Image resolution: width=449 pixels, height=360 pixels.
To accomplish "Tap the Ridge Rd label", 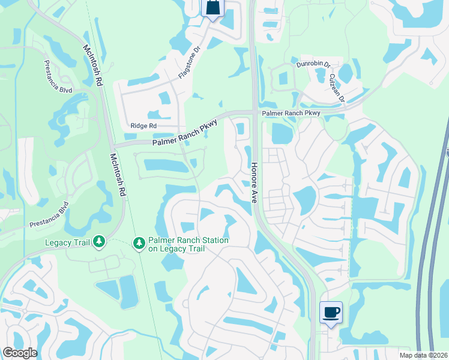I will [x=143, y=126].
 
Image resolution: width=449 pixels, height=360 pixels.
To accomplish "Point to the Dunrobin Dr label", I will [x=313, y=64].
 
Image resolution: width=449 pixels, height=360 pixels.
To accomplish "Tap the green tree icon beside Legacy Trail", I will [x=99, y=242].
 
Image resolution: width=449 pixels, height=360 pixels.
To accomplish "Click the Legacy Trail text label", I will [x=67, y=242].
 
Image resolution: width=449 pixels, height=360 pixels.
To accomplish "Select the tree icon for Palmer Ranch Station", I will [x=139, y=242].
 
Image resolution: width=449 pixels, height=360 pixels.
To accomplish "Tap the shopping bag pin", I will [x=212, y=8].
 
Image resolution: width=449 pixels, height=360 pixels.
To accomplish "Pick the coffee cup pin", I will [x=331, y=312].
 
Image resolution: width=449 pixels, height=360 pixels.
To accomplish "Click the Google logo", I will [x=20, y=353].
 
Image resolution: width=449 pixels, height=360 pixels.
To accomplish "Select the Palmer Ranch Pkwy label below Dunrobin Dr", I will [x=290, y=113].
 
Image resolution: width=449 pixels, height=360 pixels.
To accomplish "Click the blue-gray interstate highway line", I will [x=431, y=240].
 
